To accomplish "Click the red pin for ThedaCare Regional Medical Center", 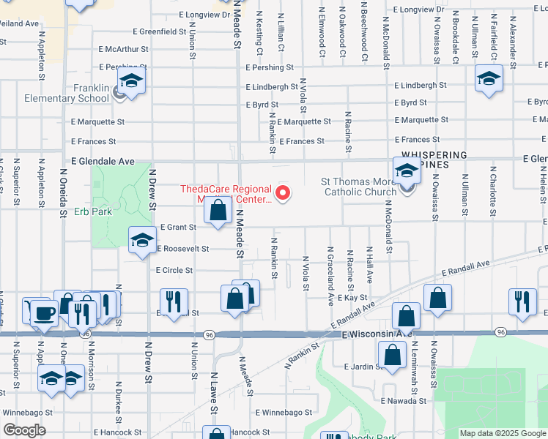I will pyautogui.click(x=282, y=193).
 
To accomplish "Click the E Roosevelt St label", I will pyautogui.click(x=182, y=248).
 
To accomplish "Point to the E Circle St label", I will pyautogui.click(x=174, y=269).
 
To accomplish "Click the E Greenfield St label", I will pyautogui.click(x=160, y=31).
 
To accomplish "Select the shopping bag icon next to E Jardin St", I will pyautogui.click(x=393, y=355).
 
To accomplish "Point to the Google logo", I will pyautogui.click(x=24, y=429).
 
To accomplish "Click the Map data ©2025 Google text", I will pyautogui.click(x=502, y=433).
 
